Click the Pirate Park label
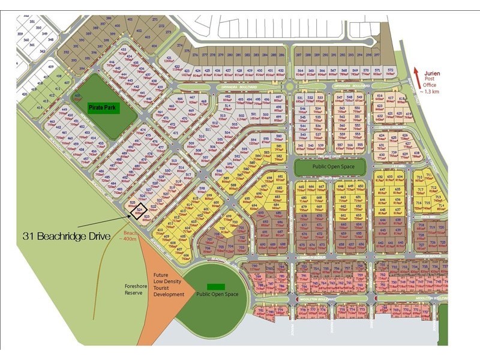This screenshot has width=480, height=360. tap(103, 109)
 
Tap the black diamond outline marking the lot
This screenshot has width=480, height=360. tap(140, 211)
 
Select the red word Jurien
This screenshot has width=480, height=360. tap(433, 73)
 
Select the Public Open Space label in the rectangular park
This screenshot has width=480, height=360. tap(330, 166)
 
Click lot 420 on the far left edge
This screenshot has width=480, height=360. tap(25, 94)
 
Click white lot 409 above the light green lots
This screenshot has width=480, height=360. tap(51, 67)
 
